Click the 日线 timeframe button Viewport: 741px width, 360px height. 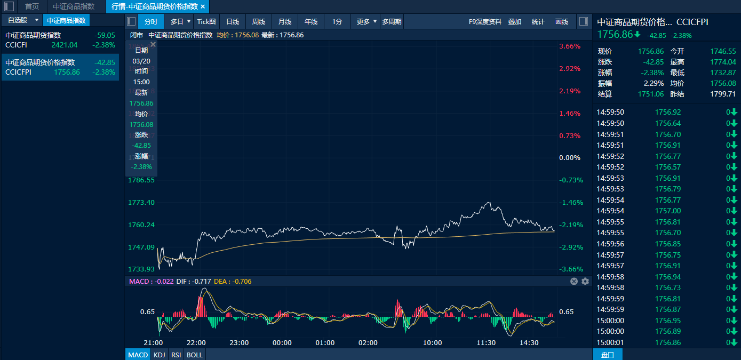tap(232, 22)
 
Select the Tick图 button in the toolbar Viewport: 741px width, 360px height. tap(206, 22)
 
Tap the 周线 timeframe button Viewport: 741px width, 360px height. tap(258, 22)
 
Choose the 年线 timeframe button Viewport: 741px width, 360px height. tap(310, 22)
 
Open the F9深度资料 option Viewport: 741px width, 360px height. tap(485, 22)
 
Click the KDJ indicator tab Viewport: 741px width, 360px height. tap(159, 355)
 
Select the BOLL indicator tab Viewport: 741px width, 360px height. tap(195, 355)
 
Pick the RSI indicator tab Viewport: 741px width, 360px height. tap(176, 355)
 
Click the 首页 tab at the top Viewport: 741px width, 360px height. tap(32, 6)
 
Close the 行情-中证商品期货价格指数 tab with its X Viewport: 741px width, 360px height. tap(203, 6)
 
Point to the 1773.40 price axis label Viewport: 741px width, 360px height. tap(141, 203)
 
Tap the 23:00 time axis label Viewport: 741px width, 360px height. tap(239, 342)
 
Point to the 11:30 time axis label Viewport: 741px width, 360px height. tap(486, 342)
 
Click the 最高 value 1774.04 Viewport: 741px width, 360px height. tap(723, 62)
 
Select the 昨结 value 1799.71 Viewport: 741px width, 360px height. tap(723, 94)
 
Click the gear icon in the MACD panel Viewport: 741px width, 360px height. tap(585, 281)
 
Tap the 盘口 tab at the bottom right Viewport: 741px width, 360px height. tap(607, 355)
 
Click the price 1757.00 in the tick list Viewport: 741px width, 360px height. tap(668, 211)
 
